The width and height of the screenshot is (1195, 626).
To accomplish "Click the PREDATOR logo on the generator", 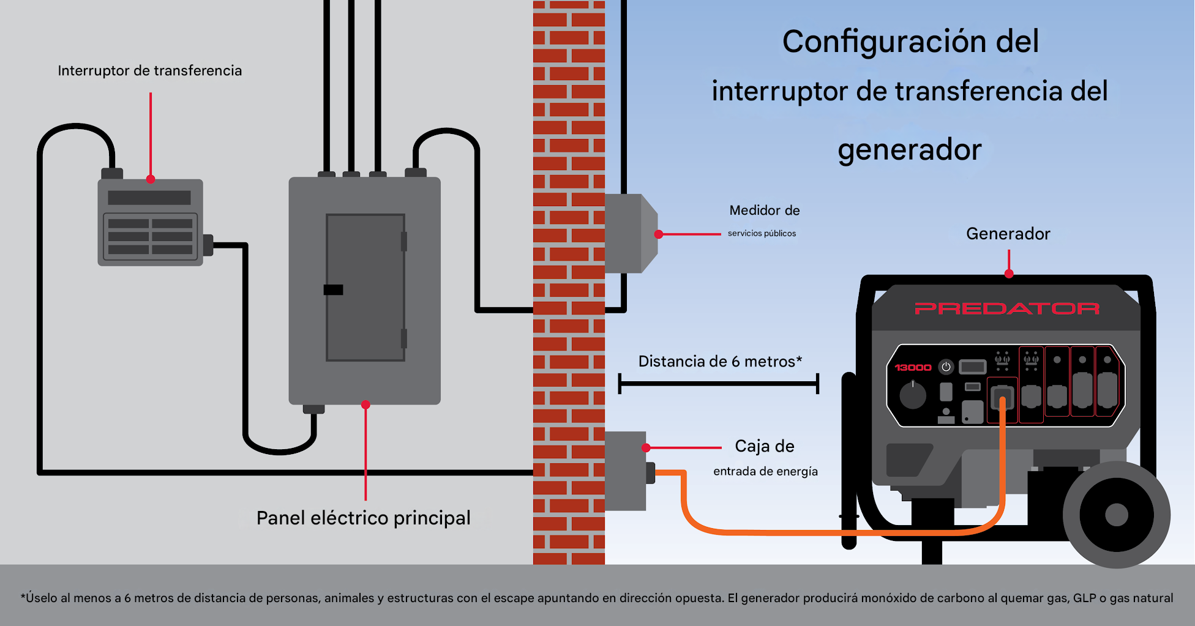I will click(1006, 308).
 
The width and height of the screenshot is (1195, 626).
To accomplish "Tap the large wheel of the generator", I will click(1116, 515).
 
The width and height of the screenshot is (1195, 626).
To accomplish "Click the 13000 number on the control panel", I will click(912, 367).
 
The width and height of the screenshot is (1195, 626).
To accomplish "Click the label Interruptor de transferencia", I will click(149, 71).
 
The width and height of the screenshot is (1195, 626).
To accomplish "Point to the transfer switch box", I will click(150, 223).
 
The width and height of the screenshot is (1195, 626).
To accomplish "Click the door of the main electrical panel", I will click(365, 288).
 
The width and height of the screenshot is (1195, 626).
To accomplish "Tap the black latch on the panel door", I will click(333, 289).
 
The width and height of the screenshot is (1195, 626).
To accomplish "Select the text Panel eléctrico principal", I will click(363, 518).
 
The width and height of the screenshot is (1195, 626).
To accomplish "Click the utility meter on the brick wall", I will click(629, 233).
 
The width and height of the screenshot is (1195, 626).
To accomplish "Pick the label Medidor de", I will click(764, 211).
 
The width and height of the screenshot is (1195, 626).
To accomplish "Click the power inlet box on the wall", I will click(625, 470).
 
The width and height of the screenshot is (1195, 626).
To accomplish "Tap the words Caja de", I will click(764, 446).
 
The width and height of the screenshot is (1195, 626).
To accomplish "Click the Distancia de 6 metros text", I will click(719, 362).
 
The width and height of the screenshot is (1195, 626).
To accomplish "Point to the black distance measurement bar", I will click(718, 384).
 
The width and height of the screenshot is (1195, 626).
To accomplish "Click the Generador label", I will click(1008, 234).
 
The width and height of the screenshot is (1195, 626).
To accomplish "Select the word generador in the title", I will click(909, 150).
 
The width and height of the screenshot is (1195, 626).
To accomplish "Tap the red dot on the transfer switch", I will click(151, 179).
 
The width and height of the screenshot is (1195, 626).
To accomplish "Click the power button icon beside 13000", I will click(946, 367).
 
